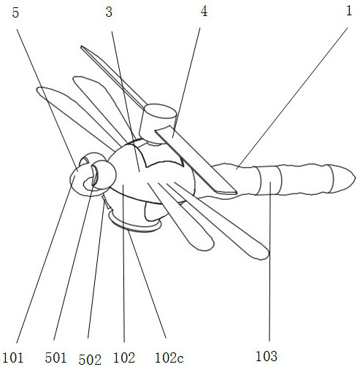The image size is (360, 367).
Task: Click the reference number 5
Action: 15,13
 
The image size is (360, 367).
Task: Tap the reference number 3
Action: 109,12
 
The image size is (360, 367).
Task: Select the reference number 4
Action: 204,12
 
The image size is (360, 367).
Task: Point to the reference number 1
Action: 349,11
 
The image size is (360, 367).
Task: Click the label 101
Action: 12,358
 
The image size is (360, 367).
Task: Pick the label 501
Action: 55,358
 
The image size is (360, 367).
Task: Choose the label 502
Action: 90,360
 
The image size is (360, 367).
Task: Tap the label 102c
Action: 169,358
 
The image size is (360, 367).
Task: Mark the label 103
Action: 267,356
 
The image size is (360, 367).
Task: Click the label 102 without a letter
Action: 124,358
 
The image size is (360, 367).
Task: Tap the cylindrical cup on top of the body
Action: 157,123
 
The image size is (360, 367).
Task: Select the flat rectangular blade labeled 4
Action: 196,160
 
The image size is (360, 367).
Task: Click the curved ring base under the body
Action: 134,225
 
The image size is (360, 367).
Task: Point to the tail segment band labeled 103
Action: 269,180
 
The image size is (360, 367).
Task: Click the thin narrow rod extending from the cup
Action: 113,77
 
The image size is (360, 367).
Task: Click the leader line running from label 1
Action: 293,97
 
